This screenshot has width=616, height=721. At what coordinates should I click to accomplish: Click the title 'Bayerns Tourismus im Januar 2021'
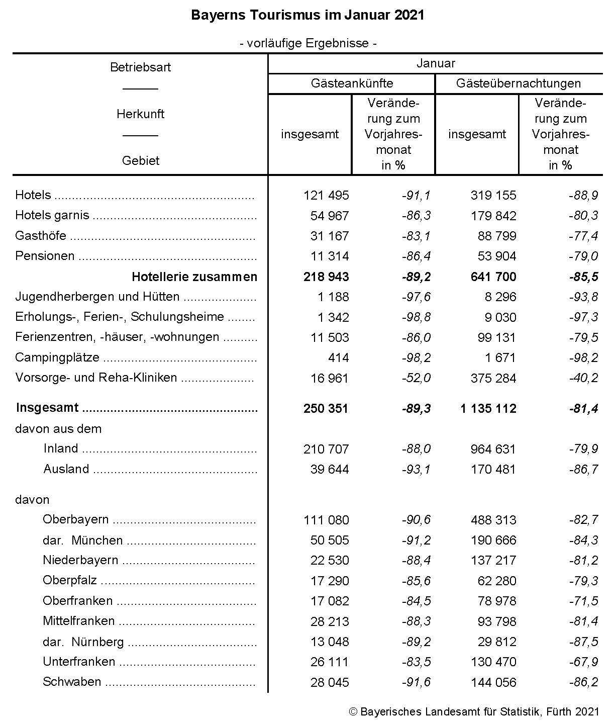tap(307, 15)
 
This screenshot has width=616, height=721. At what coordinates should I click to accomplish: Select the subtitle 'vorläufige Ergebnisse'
tap(308, 43)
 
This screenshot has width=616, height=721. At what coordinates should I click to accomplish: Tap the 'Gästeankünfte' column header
tap(352, 83)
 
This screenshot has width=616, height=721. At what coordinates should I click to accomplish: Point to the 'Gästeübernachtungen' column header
tap(518, 83)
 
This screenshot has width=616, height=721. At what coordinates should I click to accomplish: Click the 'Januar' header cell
tap(435, 63)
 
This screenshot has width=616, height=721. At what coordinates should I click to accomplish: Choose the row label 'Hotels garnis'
tap(52, 216)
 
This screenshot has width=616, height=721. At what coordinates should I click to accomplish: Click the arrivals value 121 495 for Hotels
tap(326, 195)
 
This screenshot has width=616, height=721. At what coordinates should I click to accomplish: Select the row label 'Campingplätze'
tap(57, 357)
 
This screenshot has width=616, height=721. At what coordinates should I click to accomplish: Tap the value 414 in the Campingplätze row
tap(338, 357)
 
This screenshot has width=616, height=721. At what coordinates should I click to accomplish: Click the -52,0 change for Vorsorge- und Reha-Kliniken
tap(416, 378)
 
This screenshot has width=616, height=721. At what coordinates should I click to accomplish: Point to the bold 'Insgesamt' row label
tap(47, 408)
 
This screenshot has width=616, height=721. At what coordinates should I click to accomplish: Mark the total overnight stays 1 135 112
tap(488, 408)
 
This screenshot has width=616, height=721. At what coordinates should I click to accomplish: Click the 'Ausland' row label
tap(66, 469)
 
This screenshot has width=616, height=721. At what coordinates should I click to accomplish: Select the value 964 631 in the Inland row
tap(493, 449)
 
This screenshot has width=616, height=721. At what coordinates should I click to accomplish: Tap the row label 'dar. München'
tap(83, 540)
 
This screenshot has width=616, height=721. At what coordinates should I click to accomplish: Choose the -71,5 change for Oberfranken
tap(583, 601)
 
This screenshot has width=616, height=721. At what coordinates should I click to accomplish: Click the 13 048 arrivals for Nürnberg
tap(329, 642)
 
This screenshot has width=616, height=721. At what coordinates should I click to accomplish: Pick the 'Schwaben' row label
tap(72, 682)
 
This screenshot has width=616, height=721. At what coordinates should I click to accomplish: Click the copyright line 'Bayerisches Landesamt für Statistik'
tap(473, 712)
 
